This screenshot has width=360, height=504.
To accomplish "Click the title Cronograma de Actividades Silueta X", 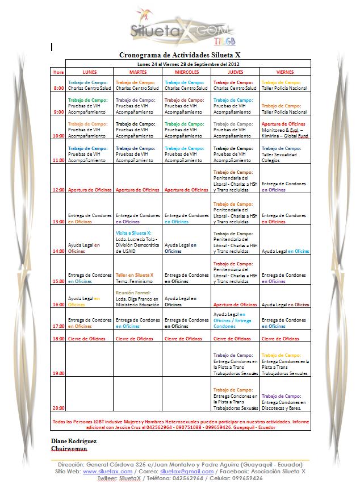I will point(179,55).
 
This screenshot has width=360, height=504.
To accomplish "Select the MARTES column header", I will point(138,72).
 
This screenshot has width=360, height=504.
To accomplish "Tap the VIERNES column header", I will point(284,72).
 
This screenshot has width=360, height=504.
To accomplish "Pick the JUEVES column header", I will point(236,72).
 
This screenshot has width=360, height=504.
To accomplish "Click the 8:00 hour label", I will point(58,89).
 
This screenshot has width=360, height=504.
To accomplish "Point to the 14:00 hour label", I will point(58,251).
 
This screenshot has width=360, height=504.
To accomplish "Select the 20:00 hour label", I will point(58,407).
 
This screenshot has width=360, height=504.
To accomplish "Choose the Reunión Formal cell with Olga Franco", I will point(138,298).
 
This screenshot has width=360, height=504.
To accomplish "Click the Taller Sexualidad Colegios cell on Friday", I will point(284,154).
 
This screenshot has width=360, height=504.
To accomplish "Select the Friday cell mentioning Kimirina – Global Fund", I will point(284,130).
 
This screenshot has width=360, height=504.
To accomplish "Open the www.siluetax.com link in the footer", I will point(108,472).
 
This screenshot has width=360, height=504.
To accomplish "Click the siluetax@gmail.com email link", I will point(187,472).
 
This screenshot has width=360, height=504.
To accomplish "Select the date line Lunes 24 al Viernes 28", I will point(187,64).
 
